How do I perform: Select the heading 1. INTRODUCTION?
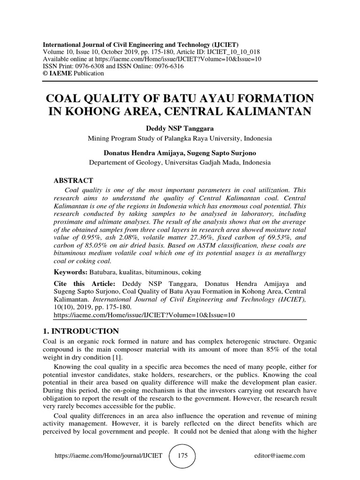click(x=81, y=331)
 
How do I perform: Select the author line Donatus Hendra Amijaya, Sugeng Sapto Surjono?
click(x=180, y=153)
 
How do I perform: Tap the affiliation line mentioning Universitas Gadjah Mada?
click(x=180, y=163)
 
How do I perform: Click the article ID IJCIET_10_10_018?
click(x=237, y=52)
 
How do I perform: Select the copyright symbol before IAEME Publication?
click(x=45, y=74)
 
